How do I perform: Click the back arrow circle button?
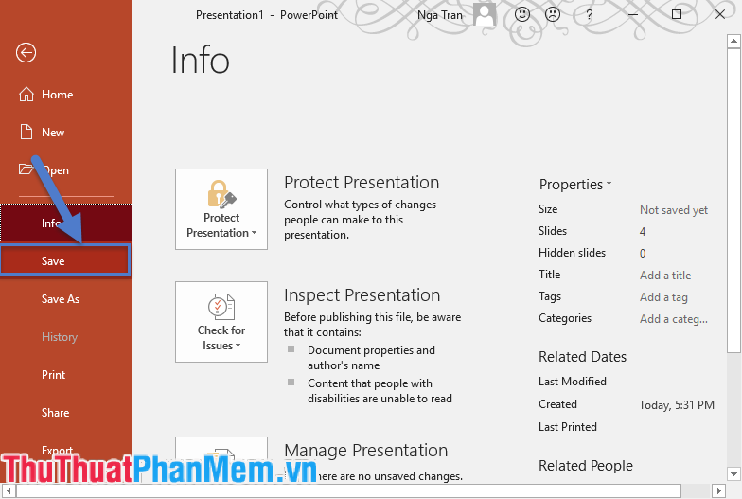click(26, 53)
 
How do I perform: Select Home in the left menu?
click(57, 95)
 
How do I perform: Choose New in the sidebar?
click(53, 133)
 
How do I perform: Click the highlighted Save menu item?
click(64, 261)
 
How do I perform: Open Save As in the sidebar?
click(61, 299)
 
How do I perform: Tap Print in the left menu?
click(54, 375)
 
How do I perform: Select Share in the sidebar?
click(55, 413)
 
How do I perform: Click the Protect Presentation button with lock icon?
click(221, 209)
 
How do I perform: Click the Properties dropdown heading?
click(574, 185)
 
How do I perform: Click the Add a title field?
click(665, 276)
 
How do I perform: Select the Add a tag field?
click(663, 297)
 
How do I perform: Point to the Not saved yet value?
click(674, 210)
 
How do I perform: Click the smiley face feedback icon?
click(522, 15)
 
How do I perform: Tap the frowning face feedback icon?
click(552, 15)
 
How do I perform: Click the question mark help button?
click(589, 15)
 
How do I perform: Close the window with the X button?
click(720, 15)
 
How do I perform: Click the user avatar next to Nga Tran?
click(485, 14)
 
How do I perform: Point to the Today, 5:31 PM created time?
click(677, 404)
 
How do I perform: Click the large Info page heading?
click(201, 61)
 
